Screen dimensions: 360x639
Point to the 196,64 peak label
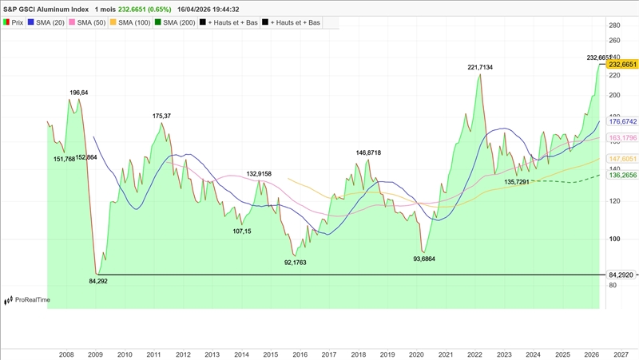[x=79, y=93]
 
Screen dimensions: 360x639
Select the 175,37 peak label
[x=161, y=117]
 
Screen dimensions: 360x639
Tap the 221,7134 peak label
[x=480, y=68]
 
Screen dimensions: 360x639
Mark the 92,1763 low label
[x=295, y=262]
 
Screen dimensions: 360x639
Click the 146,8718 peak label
[x=368, y=152]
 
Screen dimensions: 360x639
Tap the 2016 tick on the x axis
[x=300, y=354]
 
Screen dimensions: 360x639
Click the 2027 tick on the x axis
[x=620, y=354]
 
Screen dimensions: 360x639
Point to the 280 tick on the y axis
[x=614, y=26]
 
